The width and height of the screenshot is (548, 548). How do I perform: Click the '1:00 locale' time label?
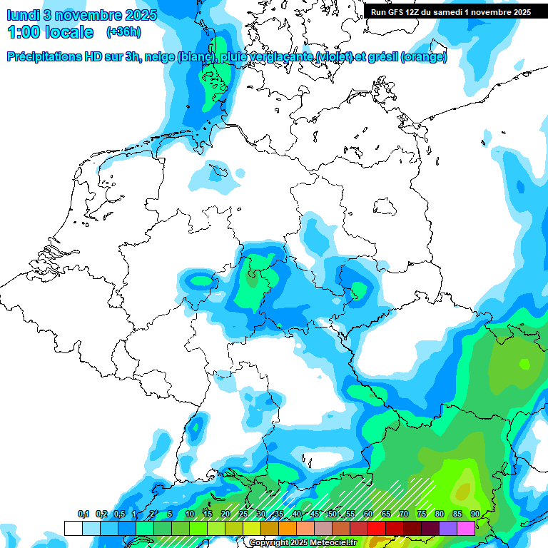[50, 32]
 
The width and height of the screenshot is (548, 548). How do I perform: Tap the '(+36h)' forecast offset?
[123, 32]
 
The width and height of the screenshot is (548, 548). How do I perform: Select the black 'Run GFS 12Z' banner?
[451, 11]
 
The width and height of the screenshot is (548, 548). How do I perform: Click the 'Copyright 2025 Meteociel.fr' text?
[303, 543]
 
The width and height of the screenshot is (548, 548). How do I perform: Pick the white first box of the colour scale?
[73, 528]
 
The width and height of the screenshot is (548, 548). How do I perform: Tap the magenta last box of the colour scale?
[466, 528]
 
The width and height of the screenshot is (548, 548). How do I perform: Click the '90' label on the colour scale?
[475, 514]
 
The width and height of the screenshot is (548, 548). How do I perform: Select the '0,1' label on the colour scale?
[83, 514]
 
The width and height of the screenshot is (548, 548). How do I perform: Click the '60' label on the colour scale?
[368, 514]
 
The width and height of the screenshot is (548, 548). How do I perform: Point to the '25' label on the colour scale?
[243, 514]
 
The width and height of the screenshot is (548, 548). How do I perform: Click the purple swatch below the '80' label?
[448, 528]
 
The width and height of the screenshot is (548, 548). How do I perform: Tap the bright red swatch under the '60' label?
[377, 528]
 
